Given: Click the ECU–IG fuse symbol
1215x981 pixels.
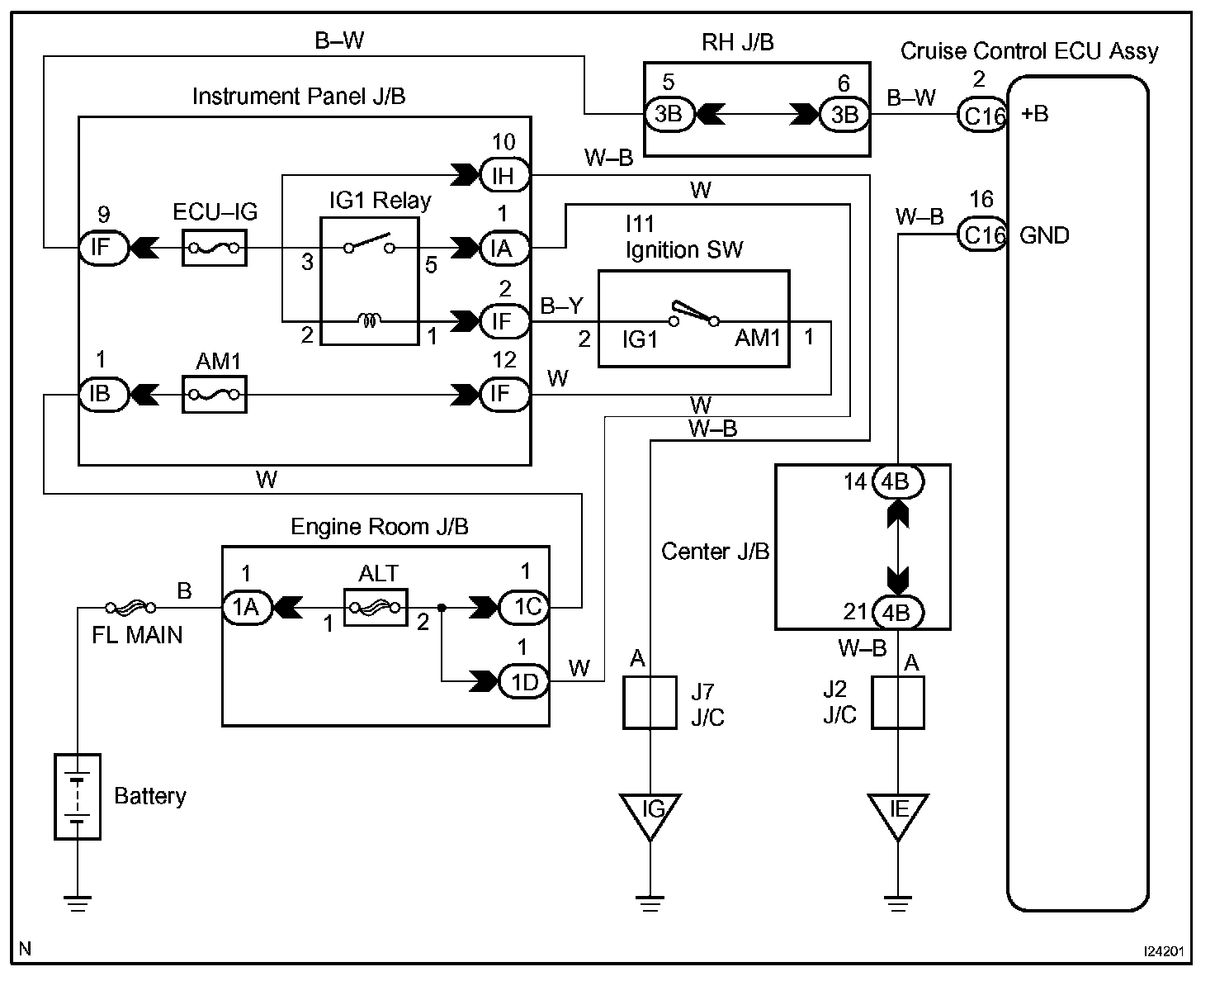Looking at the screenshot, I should coord(214,247).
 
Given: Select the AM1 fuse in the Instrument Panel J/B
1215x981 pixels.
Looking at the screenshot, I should coord(214,394).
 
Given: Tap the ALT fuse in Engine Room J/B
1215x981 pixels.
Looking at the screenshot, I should coord(376,609).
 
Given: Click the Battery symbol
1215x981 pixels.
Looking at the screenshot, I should coord(78,797).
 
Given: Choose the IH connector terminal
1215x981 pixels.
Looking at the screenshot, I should coord(503,175).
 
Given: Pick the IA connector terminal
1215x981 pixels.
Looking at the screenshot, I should coord(503,247).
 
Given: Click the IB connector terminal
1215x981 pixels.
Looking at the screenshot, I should coord(102,394).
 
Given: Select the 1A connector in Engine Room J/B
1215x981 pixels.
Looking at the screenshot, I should coord(246,609).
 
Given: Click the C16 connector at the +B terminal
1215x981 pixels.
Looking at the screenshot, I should coord(982,115).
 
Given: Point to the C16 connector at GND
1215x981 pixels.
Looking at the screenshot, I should coord(982,235).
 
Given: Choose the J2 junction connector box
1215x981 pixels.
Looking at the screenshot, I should coord(898,703).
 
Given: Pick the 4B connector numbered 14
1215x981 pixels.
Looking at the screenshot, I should coord(897,481).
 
